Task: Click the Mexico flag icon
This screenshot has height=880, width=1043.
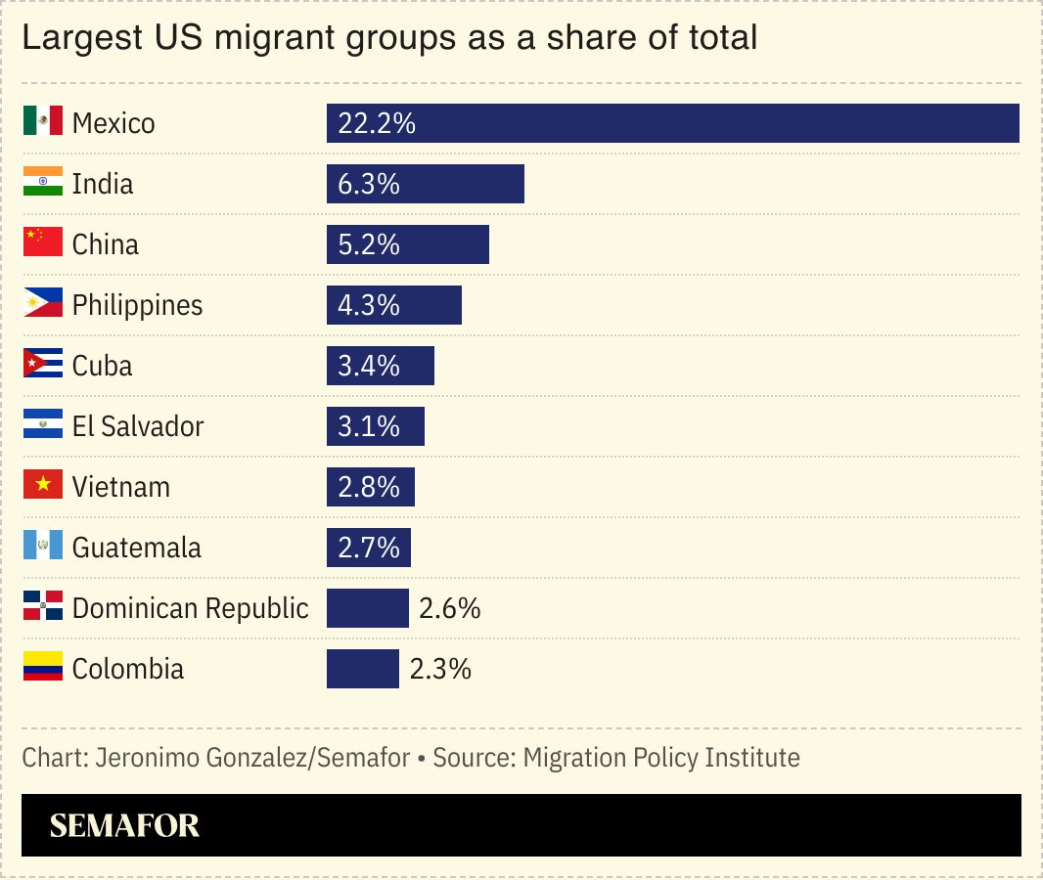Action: tap(42, 122)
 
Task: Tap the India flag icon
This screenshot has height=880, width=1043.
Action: tap(42, 183)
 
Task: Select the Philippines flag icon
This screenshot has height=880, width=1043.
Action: tap(42, 304)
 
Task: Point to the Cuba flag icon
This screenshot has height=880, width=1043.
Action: tap(42, 365)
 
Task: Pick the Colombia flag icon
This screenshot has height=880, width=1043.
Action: tap(42, 668)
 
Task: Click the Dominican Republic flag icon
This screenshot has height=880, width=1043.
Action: tap(42, 607)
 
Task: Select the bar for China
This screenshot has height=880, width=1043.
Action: tap(407, 244)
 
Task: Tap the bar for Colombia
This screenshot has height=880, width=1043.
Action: tap(362, 669)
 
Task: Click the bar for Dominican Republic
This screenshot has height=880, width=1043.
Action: tap(367, 608)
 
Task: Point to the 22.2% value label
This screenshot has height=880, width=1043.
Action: tap(377, 123)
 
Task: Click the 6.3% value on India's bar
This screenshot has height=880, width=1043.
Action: tap(369, 184)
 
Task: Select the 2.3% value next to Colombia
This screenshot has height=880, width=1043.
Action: tap(440, 669)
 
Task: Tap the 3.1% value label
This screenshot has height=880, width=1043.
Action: tap(369, 426)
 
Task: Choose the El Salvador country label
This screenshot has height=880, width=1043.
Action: tap(138, 426)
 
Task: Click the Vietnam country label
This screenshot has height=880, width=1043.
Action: tap(120, 487)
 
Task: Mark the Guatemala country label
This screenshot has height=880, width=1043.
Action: tap(136, 548)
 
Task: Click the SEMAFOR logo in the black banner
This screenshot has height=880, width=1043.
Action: tap(124, 825)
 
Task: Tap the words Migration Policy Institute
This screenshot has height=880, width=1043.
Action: tap(661, 757)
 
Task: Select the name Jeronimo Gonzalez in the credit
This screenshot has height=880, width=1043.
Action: tap(202, 757)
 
